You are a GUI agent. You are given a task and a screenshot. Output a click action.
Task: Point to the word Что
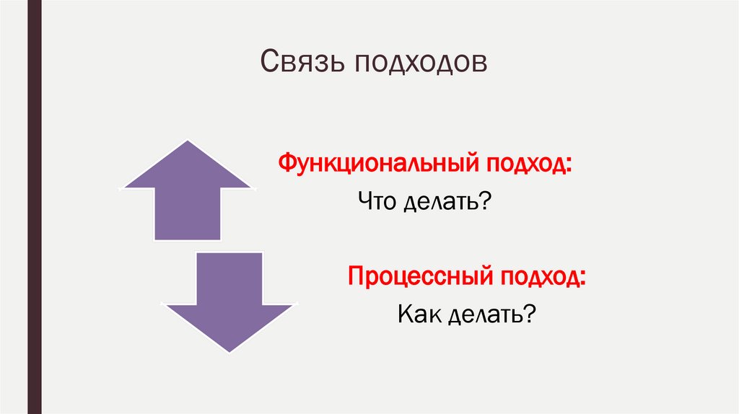pos(377,202)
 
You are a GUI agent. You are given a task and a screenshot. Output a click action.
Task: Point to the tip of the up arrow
pos(188,141)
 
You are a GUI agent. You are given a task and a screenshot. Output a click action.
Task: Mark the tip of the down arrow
pos(229,351)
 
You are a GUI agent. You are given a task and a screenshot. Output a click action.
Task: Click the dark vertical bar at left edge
pos(34,207)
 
